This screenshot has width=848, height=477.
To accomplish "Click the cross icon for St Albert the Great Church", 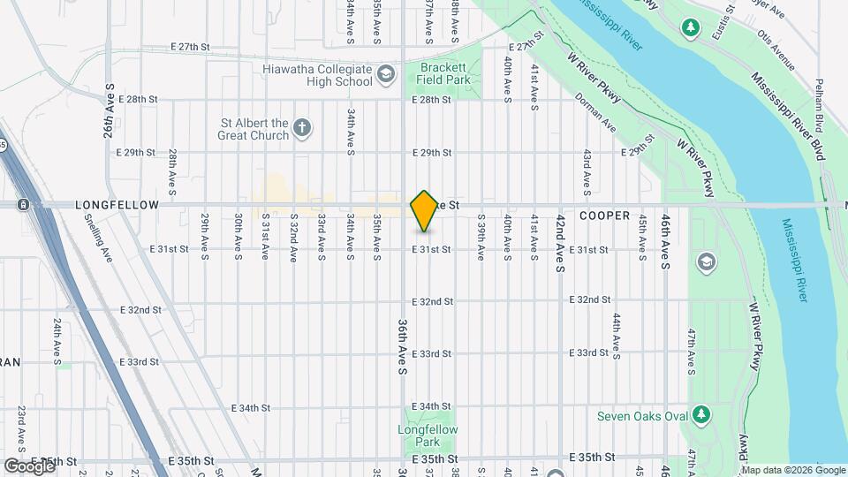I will point(301,128).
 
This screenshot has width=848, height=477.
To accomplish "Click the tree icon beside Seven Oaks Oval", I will point(701,414).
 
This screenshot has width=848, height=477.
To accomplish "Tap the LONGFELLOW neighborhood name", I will point(117,205).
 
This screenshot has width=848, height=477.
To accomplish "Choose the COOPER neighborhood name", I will point(604,216).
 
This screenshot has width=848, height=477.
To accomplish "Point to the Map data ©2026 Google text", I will point(793,469).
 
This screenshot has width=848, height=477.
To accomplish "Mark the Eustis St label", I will point(730,19).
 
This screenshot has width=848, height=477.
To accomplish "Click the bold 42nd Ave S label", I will point(560,243).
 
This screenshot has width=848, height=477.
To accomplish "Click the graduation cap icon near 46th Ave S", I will point(707,261).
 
